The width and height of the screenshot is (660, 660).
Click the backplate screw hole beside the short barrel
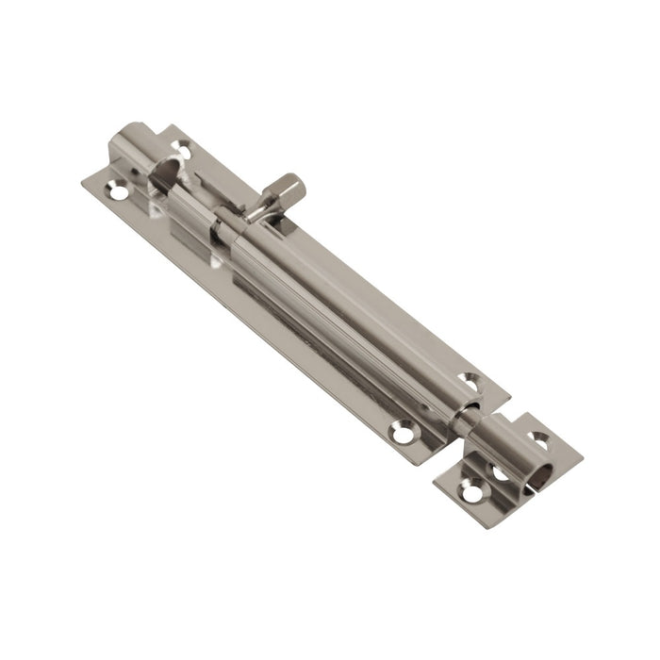[x=181, y=148]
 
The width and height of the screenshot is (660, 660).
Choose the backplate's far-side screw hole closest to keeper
[x=469, y=382]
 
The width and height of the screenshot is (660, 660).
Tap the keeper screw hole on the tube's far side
[x=539, y=438]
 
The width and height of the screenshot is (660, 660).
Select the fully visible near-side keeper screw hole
[x=470, y=491]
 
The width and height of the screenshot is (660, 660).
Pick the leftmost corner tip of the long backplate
[x=82, y=179]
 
